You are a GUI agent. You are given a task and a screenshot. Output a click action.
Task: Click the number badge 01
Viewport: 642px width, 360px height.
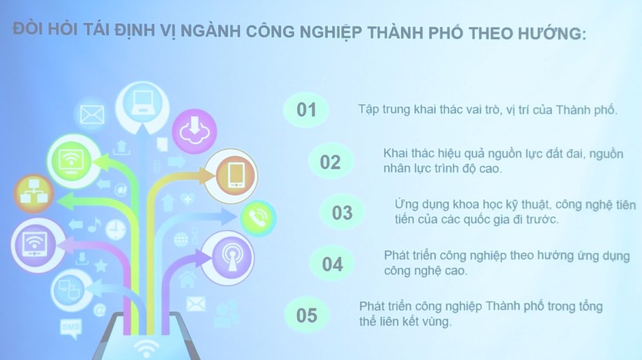pyautogui.click(x=306, y=110)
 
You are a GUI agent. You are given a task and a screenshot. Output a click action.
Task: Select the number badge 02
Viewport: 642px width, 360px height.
pyautogui.click(x=330, y=162)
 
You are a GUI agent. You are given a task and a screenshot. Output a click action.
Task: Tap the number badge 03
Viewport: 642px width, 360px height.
pyautogui.click(x=343, y=213)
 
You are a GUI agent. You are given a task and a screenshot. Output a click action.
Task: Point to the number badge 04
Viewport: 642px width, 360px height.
pyautogui.click(x=332, y=264)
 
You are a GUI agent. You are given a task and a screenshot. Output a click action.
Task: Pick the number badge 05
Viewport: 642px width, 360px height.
pyautogui.click(x=306, y=315)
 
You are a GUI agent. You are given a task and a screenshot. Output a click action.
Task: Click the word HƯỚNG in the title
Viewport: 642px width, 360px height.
pyautogui.click(x=552, y=33)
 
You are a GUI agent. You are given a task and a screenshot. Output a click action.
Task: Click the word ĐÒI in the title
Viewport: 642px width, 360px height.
pyautogui.click(x=28, y=29)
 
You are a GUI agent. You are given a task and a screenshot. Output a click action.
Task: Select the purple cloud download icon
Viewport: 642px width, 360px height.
pyautogui.click(x=194, y=131)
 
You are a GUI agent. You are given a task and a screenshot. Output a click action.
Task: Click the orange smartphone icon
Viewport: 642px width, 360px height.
pyautogui.click(x=232, y=176)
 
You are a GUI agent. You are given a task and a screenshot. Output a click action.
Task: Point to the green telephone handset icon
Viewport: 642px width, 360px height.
pyautogui.click(x=258, y=218)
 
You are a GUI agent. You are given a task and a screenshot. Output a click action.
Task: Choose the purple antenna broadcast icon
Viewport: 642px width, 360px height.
pyautogui.click(x=228, y=258)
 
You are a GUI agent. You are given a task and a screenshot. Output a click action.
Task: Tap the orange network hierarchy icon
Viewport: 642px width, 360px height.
pyautogui.click(x=34, y=194)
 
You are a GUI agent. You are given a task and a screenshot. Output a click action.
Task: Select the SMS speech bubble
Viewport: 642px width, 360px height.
pyautogui.click(x=71, y=328)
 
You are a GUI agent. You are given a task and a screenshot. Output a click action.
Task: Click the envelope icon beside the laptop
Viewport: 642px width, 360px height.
pyautogui.click(x=92, y=114)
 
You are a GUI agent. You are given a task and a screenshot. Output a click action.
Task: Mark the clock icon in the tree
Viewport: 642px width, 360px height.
pyautogui.click(x=116, y=229)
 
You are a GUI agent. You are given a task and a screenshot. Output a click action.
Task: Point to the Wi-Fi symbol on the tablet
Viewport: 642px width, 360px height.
pyautogui.click(x=146, y=349)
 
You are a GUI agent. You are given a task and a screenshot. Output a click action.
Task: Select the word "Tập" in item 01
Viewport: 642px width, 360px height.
pyautogui.click(x=368, y=110)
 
